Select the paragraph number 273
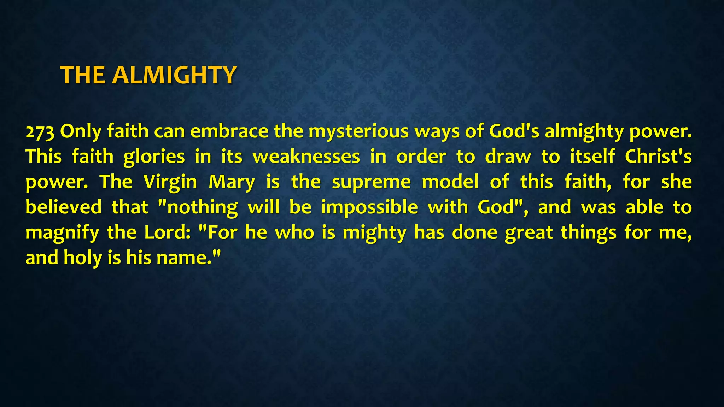point(40,131)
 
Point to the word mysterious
point(358,131)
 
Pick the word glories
point(154,157)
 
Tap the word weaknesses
point(306,157)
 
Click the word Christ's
point(658,157)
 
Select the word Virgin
point(170,182)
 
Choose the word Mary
point(232,182)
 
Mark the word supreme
point(371,182)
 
